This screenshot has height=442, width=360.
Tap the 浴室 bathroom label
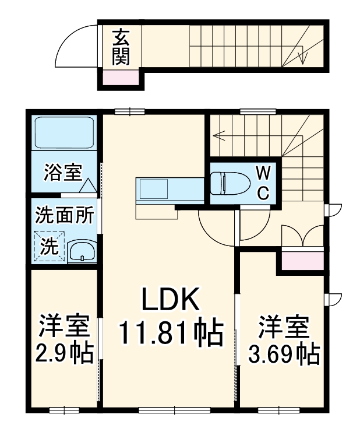63,173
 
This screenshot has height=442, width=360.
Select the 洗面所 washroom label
64,216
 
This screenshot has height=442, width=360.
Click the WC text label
263,183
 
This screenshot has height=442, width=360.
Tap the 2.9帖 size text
64,353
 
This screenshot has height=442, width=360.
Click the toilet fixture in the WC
230,183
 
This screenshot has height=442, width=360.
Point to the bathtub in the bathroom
64,132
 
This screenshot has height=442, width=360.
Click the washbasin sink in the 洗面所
83,251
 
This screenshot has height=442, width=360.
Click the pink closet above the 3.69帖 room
303,261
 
